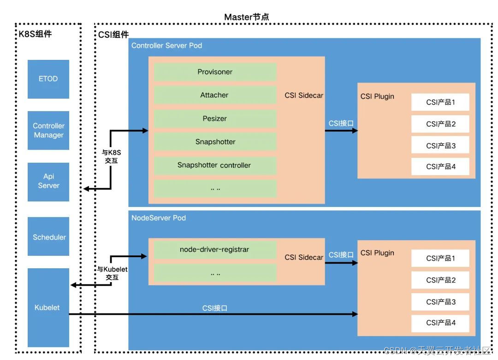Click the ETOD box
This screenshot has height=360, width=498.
pyautogui.click(x=48, y=79)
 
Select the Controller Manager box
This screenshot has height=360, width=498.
pyautogui.click(x=48, y=130)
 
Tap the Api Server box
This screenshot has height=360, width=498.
pyautogui.click(x=48, y=181)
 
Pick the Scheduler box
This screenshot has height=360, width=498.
pyautogui.click(x=48, y=237)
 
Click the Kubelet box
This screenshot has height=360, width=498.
pyautogui.click(x=48, y=307)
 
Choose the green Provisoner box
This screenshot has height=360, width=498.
pyautogui.click(x=215, y=72)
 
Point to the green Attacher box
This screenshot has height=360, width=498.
pyautogui.click(x=215, y=95)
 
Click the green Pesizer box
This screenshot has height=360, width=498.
pyautogui.click(x=215, y=119)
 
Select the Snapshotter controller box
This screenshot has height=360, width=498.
pyautogui.click(x=215, y=165)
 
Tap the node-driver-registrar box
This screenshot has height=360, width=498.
pyautogui.click(x=215, y=249)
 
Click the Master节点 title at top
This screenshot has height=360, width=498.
pyautogui.click(x=247, y=17)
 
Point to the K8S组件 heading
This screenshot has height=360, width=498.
pyautogui.click(x=36, y=34)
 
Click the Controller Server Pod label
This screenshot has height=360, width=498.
pyautogui.click(x=166, y=46)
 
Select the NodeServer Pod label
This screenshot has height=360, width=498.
pyautogui.click(x=159, y=218)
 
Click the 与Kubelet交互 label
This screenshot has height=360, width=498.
pyautogui.click(x=112, y=273)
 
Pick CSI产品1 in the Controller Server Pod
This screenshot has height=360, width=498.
pyautogui.click(x=440, y=102)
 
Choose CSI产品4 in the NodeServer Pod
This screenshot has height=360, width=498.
pyautogui.click(x=440, y=323)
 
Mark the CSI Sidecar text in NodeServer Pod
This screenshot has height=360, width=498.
pyautogui.click(x=304, y=257)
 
